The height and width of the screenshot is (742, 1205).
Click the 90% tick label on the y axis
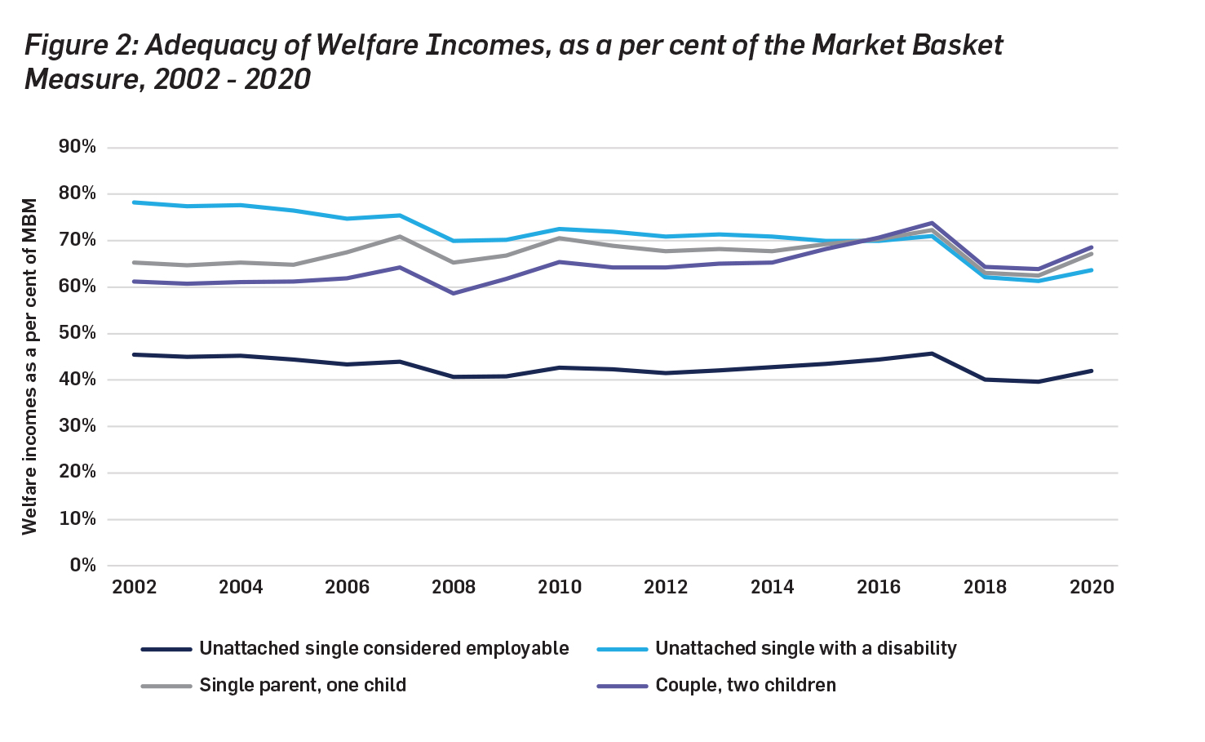(x=78, y=147)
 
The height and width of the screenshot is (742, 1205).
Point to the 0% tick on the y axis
(x=82, y=565)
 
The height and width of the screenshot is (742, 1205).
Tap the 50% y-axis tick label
(x=78, y=333)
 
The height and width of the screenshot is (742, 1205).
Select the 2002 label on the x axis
(x=135, y=587)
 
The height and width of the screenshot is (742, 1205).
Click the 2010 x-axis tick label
(x=560, y=587)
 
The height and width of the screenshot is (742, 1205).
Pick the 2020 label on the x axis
(x=1092, y=587)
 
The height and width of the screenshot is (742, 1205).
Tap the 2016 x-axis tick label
(x=879, y=587)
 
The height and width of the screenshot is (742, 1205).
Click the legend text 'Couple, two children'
(x=746, y=686)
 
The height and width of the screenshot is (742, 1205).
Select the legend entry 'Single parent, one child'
(x=303, y=686)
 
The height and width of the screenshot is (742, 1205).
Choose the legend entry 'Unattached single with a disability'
(x=806, y=649)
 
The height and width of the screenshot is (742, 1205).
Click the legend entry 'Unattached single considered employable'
(x=384, y=649)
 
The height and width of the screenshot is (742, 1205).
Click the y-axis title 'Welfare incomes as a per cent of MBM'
(x=30, y=367)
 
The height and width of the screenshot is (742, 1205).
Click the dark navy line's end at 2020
(x=1092, y=371)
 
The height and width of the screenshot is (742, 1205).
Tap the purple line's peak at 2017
(x=932, y=223)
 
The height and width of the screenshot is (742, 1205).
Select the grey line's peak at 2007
(x=400, y=237)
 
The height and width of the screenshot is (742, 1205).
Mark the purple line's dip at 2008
(x=454, y=293)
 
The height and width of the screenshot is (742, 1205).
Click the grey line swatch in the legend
(x=166, y=686)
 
